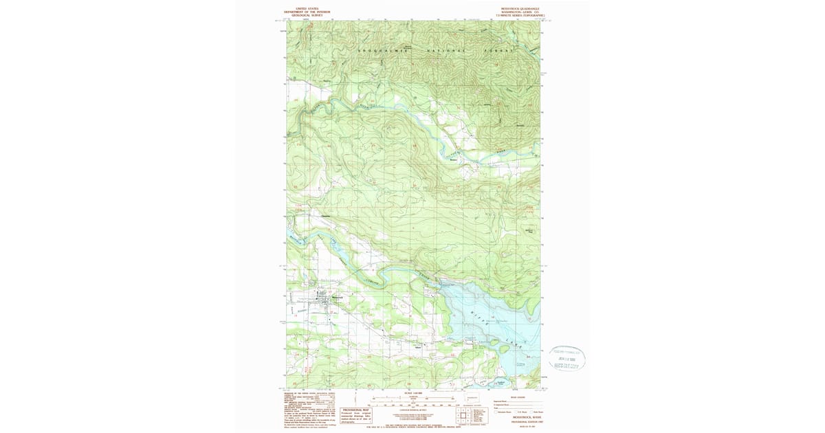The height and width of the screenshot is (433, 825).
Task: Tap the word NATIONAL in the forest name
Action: (x=447, y=52)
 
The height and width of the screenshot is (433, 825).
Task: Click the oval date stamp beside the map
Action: (x=567, y=357)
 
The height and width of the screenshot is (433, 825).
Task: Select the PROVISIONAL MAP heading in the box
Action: (x=357, y=410)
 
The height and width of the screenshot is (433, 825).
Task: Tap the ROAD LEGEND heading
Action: (x=518, y=397)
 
